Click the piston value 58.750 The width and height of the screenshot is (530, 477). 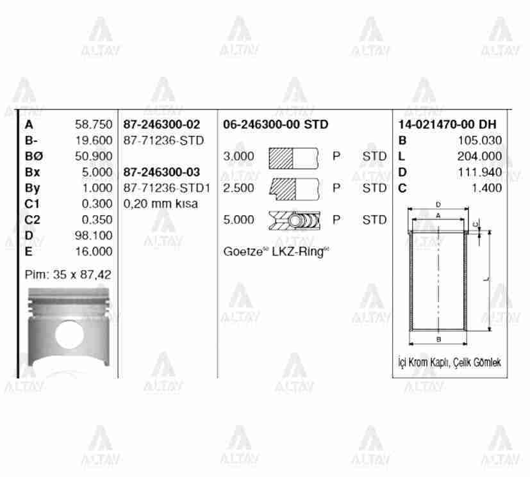(x=94, y=125)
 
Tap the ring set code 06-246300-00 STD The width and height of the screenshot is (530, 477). (x=276, y=125)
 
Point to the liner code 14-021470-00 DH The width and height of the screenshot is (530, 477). (x=447, y=125)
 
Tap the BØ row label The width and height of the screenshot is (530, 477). (x=32, y=156)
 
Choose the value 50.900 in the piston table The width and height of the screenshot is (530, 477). (x=94, y=156)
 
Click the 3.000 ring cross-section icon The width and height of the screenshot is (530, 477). (x=294, y=156)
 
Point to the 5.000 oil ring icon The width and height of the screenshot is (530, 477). (x=294, y=220)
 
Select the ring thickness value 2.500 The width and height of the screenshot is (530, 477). (x=238, y=188)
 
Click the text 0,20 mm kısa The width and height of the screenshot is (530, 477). (x=160, y=204)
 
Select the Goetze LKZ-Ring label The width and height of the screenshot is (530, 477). (x=276, y=251)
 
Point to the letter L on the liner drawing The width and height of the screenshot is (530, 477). (x=486, y=279)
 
